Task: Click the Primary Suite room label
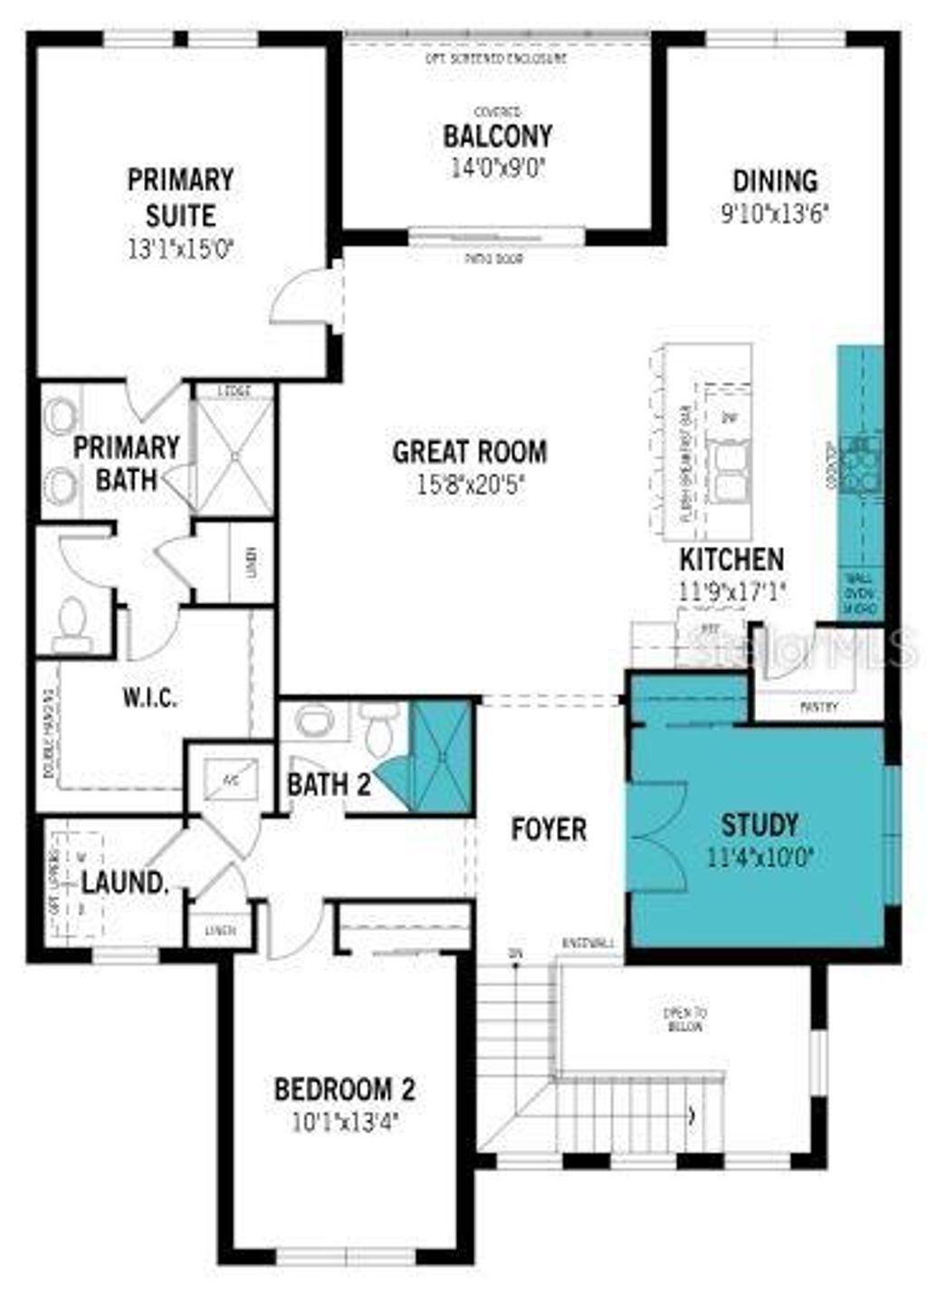coord(180,197)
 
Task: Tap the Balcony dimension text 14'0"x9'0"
coord(498,168)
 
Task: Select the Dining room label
coord(775,181)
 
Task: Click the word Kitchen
coord(731,559)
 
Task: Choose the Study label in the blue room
coord(760,825)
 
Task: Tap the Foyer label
coord(549,828)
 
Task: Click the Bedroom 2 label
coord(345,1088)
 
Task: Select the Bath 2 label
coord(329,784)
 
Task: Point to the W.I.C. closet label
coord(149,698)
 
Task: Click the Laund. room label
coord(125,883)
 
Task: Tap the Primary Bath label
coord(126,463)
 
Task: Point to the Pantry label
coord(818,707)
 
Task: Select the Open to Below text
coord(685,1019)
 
